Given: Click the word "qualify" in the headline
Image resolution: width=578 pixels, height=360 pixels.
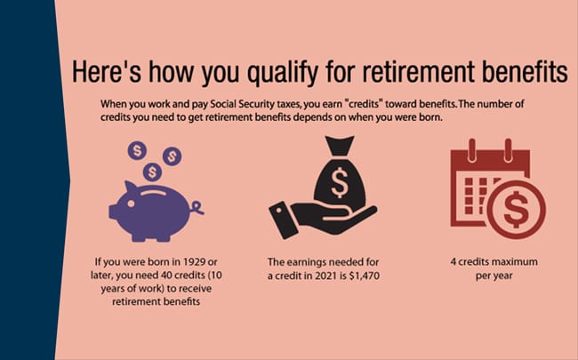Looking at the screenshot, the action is tap(282, 72).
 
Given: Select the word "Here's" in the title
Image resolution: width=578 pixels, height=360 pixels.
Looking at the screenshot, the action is tap(107, 71).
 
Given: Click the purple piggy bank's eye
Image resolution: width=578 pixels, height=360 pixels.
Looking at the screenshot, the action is tap(131, 204).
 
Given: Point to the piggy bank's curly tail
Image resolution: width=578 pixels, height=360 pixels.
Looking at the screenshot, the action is tap(197, 208).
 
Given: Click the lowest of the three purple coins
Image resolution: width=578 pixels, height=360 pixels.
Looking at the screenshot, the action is tap(152, 172).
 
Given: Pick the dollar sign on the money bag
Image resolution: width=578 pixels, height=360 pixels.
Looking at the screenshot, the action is tap(340, 182).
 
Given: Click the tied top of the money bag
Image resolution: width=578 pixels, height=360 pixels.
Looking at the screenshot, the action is tap(340, 146).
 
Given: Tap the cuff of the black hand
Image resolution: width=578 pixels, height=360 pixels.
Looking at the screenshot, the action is tap(284, 220).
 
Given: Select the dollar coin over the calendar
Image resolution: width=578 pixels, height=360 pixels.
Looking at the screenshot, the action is tap(516, 209).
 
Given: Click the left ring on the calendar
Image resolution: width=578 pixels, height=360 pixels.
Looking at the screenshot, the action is tap(472, 150).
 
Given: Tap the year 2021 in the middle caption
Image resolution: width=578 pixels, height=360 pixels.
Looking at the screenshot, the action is tap(326, 276).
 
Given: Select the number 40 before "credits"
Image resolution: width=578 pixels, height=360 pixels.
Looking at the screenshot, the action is tap(166, 276).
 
